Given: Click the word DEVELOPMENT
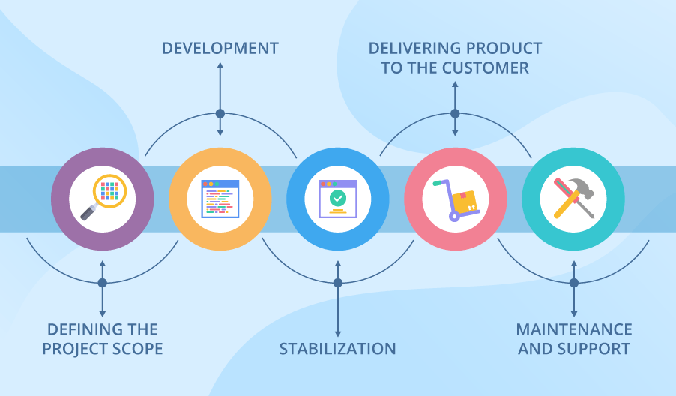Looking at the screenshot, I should pos(220,49).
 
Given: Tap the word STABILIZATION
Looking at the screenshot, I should pos(337,349).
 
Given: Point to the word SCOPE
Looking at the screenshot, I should pos(137,349).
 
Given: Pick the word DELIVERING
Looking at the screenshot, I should pos(411,49).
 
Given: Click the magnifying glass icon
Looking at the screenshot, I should pos(106,196).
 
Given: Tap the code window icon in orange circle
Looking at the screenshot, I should pos(220,199).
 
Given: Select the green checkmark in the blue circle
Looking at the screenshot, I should pos(337,198).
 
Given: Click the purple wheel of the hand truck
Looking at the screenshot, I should pos(454,216).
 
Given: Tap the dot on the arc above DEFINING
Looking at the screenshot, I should pos(103,283).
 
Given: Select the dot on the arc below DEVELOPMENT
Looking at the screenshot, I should pos(220,114).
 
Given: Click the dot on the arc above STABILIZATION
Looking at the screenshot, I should pos(337,283).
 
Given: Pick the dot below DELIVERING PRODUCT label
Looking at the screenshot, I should pos(455,114).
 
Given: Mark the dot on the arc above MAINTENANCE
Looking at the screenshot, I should pos(574,283).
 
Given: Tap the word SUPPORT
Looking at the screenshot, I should pos(594,349).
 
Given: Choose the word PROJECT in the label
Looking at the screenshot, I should pos(73,349).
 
